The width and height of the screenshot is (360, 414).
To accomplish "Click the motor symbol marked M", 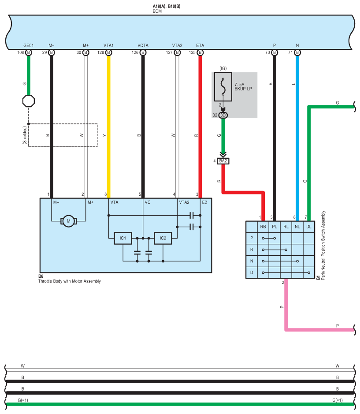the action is click(x=69, y=221).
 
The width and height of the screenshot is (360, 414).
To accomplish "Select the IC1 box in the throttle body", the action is click(x=123, y=238).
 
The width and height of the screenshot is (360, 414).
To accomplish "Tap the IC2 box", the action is click(x=163, y=238).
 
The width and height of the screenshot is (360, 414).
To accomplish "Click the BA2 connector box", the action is click(x=223, y=161).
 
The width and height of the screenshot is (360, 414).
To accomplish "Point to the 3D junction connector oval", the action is click(x=223, y=115).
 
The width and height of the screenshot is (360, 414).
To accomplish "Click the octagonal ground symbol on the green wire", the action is click(x=29, y=101).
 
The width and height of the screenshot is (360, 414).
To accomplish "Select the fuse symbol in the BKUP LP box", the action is click(x=223, y=86).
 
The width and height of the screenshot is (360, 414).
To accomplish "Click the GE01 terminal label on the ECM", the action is click(x=29, y=45).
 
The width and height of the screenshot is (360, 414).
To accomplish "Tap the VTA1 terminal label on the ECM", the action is click(x=108, y=45).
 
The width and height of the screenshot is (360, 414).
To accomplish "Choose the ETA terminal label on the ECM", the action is click(x=200, y=45).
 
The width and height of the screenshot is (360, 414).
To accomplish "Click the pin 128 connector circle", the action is click(x=108, y=52).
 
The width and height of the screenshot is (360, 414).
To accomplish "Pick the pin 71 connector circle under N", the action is click(x=297, y=52).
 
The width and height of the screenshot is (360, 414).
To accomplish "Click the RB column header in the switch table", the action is click(x=263, y=227).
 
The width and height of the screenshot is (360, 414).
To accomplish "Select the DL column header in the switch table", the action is click(x=309, y=227).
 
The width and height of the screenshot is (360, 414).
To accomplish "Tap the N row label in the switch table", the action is click(x=252, y=261).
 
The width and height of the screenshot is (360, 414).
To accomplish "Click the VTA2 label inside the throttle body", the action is click(x=184, y=202).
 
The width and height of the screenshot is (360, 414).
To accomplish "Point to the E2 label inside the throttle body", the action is click(x=204, y=202).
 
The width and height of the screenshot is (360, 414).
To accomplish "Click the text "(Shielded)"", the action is click(x=25, y=135).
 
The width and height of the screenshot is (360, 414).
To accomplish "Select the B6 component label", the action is click(x=41, y=276).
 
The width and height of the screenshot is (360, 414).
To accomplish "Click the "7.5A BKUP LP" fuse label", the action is click(x=243, y=86).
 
